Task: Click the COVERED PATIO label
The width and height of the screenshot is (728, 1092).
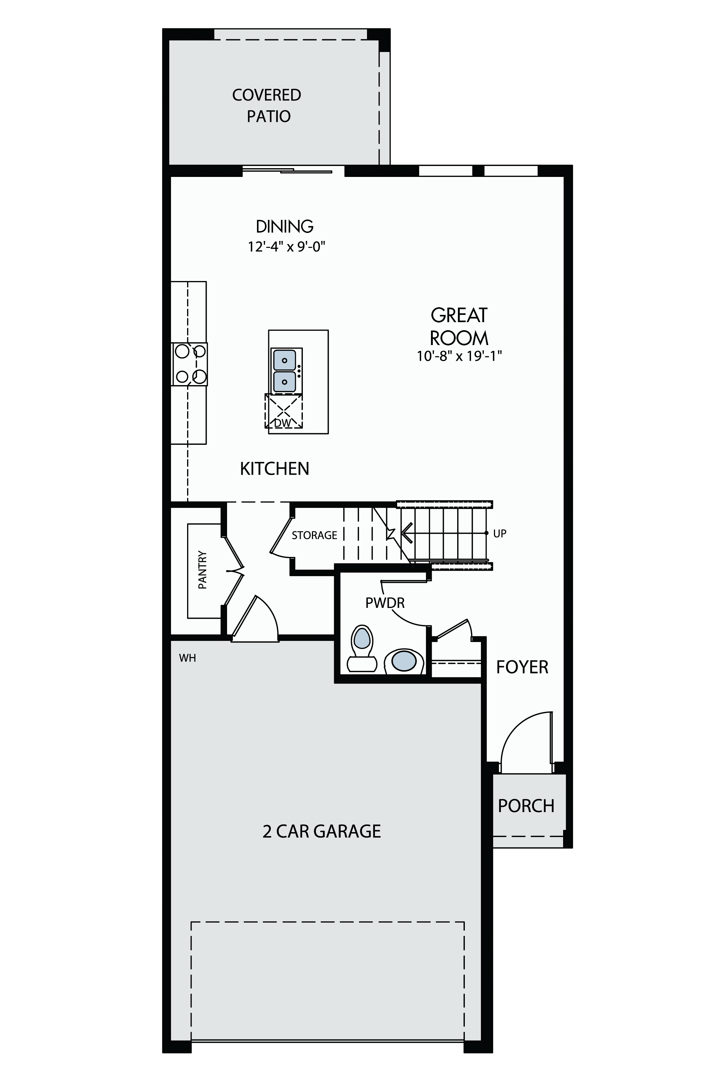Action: coord(266,106)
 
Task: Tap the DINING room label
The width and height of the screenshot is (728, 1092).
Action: coord(285,226)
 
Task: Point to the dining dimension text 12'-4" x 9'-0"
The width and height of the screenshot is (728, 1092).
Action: coord(286,246)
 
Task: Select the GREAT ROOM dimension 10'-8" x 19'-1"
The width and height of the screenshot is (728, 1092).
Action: coord(459,356)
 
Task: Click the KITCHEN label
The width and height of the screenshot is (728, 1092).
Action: coord(274,468)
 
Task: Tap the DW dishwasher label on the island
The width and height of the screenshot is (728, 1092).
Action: coord(283,423)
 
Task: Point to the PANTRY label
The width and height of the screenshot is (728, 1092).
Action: coord(202,570)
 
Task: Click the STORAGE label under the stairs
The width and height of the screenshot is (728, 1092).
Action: coord(314,535)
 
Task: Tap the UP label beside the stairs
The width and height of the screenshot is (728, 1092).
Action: coord(499,534)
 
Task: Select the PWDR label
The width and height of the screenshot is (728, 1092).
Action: coord(385,603)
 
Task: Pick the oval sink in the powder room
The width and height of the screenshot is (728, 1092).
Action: coord(403,661)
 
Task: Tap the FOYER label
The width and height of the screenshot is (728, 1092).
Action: coord(522,667)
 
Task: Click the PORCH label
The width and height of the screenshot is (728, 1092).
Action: coord(526,806)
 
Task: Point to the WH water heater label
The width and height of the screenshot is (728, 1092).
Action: coord(187,658)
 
